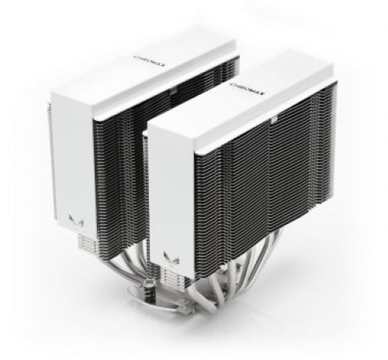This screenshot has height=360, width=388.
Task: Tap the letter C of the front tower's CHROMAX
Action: pos(233,87)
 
